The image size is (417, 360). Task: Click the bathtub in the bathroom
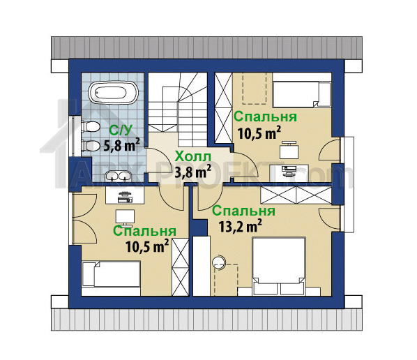point(113,92)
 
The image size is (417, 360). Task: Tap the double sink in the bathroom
point(119,176)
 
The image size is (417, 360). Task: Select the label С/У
point(121,130)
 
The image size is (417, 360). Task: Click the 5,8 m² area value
point(121,145)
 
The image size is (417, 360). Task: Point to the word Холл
point(192,157)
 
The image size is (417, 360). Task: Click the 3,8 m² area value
point(192,172)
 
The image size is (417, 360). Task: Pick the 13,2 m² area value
point(240,226)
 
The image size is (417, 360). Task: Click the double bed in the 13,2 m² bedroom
point(278,267)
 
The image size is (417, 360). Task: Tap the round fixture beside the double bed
point(218,262)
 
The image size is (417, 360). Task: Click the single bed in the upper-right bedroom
point(302,93)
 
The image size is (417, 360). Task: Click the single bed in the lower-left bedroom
point(111,274)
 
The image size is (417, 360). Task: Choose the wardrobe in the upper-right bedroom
point(224,108)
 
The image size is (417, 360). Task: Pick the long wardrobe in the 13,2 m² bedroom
point(296,195)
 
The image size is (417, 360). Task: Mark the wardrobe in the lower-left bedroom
point(181,267)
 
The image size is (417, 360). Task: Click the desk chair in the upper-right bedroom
point(289,150)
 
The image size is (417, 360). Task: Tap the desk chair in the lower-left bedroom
point(125,216)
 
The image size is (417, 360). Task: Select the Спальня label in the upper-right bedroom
point(265,117)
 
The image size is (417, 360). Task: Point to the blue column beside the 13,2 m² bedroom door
point(200,227)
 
